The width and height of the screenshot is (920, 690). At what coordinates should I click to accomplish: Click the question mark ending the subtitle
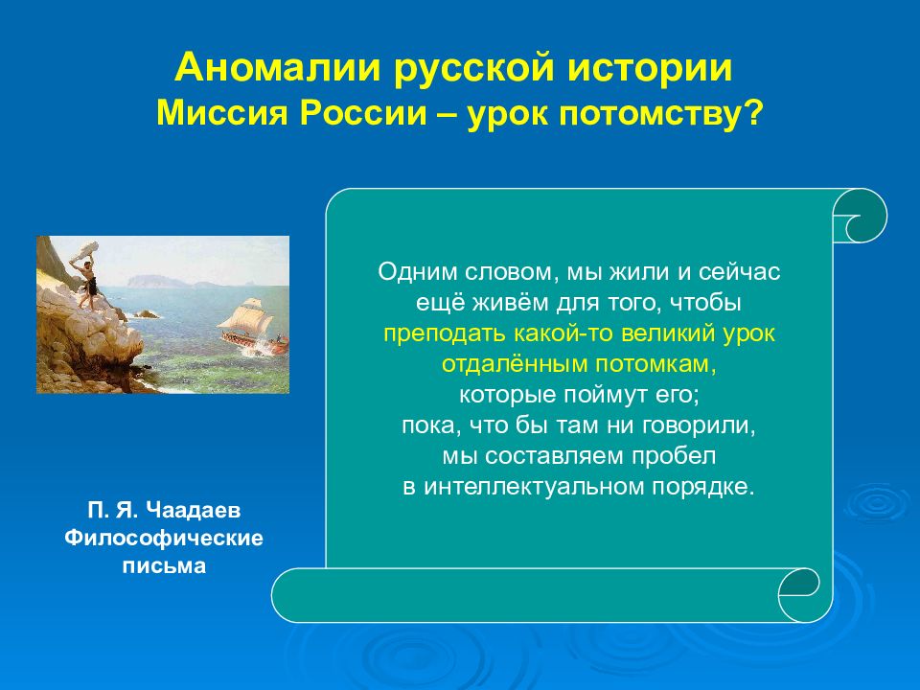click(752, 113)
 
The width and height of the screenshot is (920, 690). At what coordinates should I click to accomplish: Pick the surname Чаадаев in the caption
click(193, 510)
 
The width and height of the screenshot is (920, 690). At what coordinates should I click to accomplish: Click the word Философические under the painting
click(164, 538)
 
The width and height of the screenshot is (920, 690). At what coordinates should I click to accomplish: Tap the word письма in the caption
click(164, 565)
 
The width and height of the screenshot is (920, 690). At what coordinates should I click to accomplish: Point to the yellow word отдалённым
click(515, 364)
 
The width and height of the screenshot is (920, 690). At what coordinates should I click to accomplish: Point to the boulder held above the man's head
click(86, 249)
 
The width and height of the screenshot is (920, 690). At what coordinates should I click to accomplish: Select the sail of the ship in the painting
click(247, 317)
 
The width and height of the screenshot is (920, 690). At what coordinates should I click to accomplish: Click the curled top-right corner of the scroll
click(861, 216)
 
